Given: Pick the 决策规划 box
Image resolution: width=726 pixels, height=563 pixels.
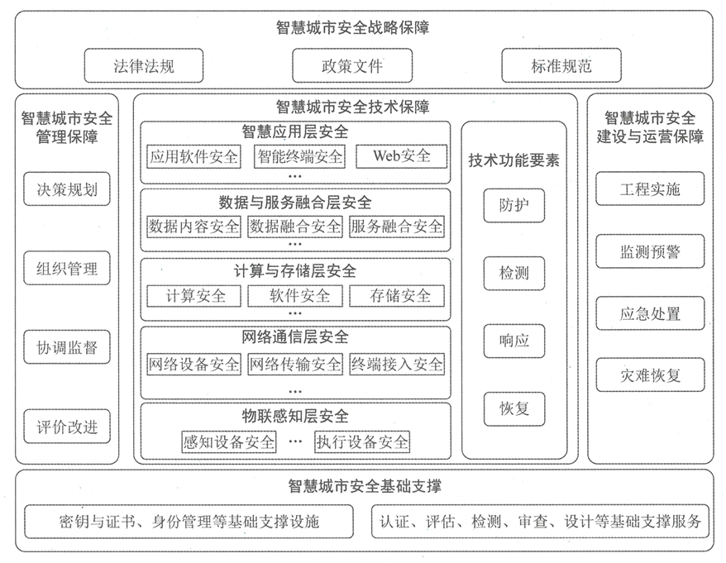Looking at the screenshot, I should pos(67,189).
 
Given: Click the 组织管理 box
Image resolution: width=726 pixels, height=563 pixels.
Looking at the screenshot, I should pos(67,268).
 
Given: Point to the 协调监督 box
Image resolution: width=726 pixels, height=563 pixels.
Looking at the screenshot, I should pos(67,347).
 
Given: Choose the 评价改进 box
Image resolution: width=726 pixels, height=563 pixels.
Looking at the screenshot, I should pos(67,427).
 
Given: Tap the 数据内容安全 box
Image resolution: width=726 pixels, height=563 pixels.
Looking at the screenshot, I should pos(193,226).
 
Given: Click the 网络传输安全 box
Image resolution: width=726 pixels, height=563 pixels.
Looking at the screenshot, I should pos(295,364).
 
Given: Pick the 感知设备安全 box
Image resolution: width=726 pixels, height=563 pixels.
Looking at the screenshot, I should pos(228,441).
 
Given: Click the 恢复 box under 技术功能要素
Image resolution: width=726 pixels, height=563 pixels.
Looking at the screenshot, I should pos(513,408).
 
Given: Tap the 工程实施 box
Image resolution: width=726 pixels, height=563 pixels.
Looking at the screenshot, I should pos(650,189).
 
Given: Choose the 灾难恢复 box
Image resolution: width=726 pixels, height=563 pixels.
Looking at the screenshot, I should pos(650,375).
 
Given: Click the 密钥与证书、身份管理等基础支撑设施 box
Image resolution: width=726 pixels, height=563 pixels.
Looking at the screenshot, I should pos(189,522).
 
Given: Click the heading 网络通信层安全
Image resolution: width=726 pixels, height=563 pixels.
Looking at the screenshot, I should pos(295,337).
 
